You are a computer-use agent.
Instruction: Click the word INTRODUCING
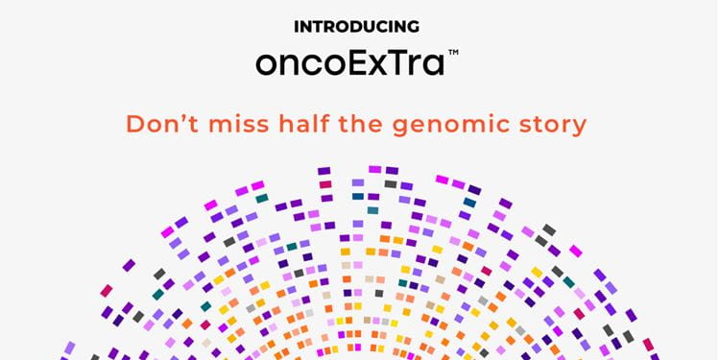[x=357, y=27]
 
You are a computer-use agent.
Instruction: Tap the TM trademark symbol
[x=453, y=53]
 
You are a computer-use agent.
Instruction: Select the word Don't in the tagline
[x=162, y=124]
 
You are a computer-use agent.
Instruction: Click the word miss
[x=236, y=125]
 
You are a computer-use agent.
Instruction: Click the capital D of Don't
[x=135, y=124]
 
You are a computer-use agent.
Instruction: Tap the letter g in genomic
[x=401, y=128]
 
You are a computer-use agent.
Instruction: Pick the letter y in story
[x=579, y=129]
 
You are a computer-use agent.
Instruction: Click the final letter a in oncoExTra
[x=434, y=66]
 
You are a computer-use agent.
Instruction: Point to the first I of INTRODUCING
[x=297, y=27]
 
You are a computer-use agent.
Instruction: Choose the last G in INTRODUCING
[x=413, y=27]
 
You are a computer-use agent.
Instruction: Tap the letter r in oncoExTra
[x=417, y=66]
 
